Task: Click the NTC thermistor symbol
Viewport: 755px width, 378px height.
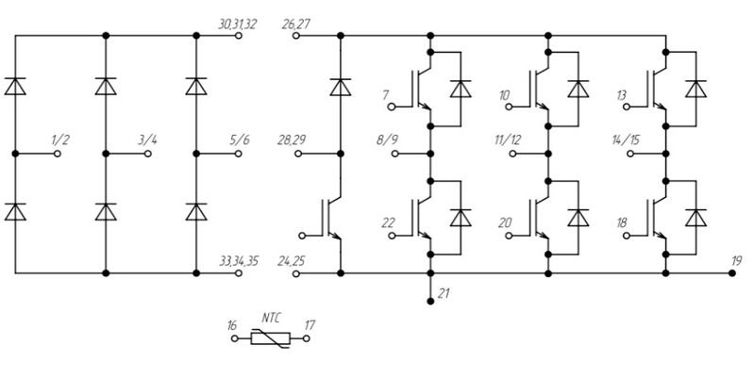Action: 269,337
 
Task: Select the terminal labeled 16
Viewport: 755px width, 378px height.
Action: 234,337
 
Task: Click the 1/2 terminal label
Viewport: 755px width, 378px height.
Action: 60,140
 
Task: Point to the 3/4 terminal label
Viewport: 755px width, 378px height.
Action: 148,140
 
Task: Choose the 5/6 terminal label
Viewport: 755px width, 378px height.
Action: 239,140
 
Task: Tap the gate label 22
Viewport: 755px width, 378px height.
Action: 387,222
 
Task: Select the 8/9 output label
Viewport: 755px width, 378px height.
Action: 388,140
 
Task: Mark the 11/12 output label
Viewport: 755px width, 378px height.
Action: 507,140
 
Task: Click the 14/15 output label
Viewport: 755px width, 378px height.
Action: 625,140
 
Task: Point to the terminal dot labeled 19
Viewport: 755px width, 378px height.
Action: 732,273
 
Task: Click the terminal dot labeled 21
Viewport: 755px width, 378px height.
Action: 430,299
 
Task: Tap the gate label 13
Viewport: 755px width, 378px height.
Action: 621,96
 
